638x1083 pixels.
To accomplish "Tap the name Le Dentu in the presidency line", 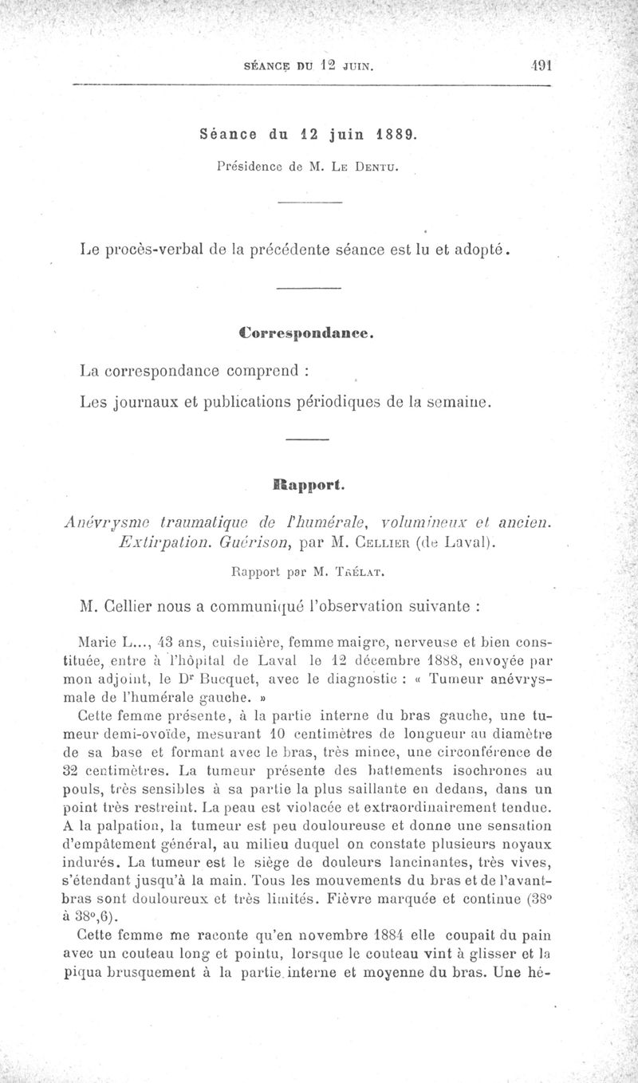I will [372, 167].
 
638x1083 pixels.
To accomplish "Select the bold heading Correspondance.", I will [307, 333].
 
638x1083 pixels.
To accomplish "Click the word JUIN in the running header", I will [356, 67].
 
